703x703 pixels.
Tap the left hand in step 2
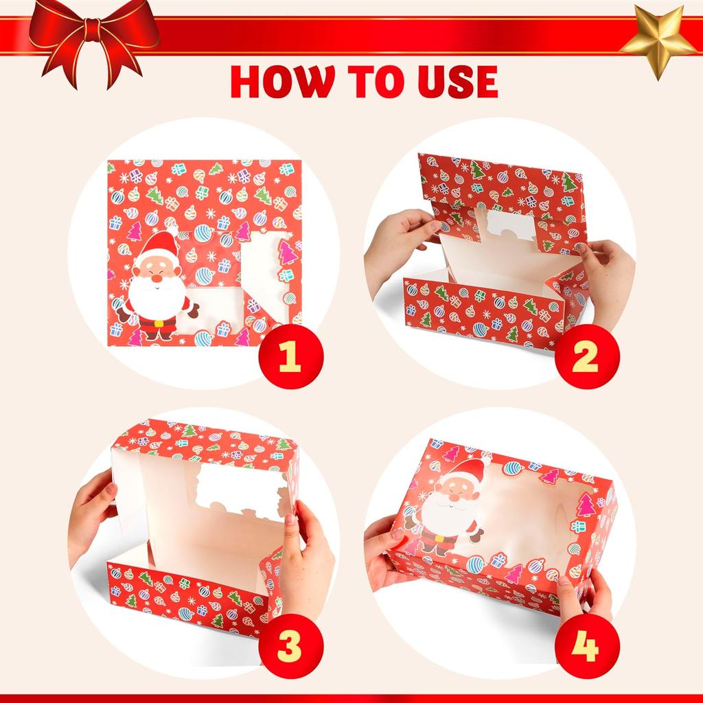coord(397,244)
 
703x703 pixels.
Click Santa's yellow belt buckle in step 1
coord(159,322)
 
